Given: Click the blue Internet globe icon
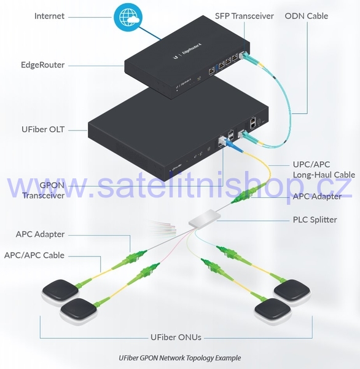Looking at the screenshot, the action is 128,17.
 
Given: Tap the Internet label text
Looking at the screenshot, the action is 49,16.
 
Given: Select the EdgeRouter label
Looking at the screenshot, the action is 42,65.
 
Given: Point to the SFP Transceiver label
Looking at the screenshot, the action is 245,16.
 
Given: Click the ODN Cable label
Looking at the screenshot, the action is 307,16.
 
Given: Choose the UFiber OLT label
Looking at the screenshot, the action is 43,129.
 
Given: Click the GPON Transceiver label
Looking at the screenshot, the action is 44,191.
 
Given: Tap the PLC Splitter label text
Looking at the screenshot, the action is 315,220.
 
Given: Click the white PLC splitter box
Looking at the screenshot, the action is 205,218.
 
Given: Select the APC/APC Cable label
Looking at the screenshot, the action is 34,255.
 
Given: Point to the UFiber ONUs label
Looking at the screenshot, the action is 176,337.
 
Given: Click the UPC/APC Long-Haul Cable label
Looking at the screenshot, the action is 324,170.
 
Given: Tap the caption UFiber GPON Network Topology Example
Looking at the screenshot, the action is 180,358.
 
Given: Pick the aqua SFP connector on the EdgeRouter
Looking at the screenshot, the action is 245,55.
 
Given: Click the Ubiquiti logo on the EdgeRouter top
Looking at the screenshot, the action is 175,57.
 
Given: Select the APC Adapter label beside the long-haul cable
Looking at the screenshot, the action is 317,197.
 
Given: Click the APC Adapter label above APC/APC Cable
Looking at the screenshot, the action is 40,234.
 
